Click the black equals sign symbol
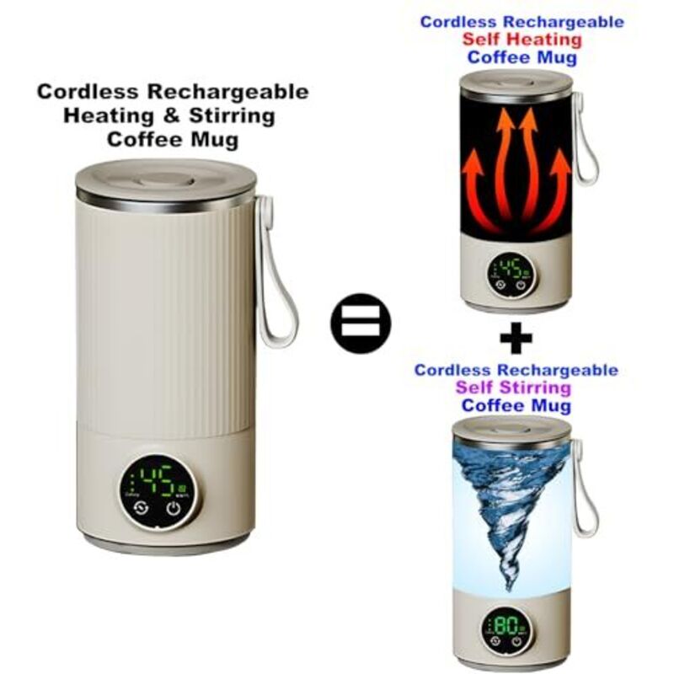pyautogui.click(x=361, y=324)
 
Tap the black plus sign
pyautogui.click(x=516, y=338)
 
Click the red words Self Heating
pyautogui.click(x=522, y=40)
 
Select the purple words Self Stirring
pyautogui.click(x=513, y=388)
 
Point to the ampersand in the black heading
pyautogui.click(x=171, y=116)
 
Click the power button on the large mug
pyautogui.click(x=174, y=509)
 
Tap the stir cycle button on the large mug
pyautogui.click(x=141, y=509)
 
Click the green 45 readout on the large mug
pyautogui.click(x=158, y=479)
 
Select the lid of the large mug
pyautogui.click(x=166, y=184)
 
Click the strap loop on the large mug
pyautogui.click(x=275, y=270)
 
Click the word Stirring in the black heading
pyautogui.click(x=233, y=116)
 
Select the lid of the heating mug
pyautogui.click(x=516, y=83)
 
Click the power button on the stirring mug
pyautogui.click(x=516, y=641)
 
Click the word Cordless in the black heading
pyautogui.click(x=88, y=92)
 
